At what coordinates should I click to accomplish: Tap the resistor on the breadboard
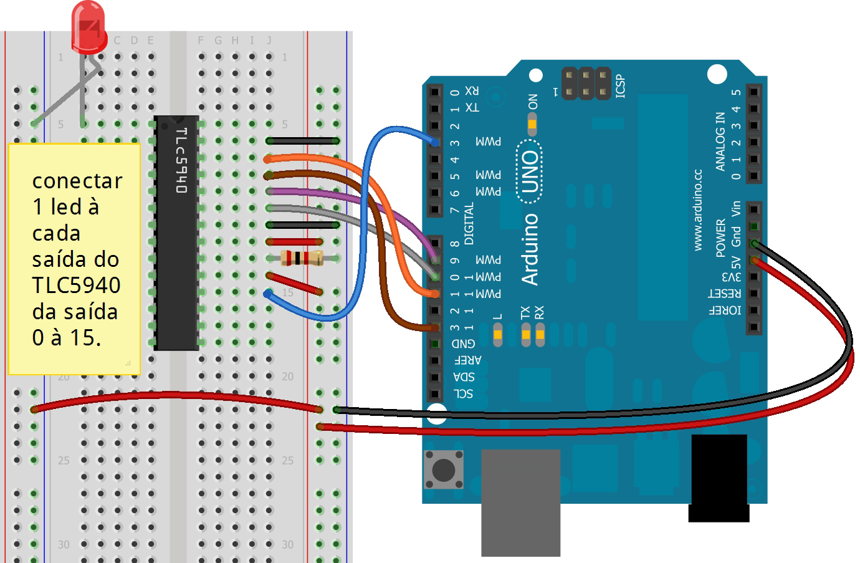(302, 257)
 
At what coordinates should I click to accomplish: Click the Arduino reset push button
(443, 469)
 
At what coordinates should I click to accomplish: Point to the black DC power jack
(719, 477)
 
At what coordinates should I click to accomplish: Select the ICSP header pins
(586, 84)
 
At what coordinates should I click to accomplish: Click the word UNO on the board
(530, 171)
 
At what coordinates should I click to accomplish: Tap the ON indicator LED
(532, 124)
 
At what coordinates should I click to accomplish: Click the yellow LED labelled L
(497, 335)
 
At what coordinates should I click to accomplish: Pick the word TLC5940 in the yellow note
(76, 285)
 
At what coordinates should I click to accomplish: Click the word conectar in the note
(77, 181)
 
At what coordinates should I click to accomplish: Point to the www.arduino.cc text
(697, 209)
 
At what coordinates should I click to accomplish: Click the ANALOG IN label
(720, 142)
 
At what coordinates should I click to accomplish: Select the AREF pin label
(467, 360)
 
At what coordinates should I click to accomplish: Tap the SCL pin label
(463, 393)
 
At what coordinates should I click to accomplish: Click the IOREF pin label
(725, 310)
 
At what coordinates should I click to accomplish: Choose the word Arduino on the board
(530, 249)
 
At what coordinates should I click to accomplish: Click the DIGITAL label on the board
(469, 223)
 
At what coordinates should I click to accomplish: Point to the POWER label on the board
(720, 238)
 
